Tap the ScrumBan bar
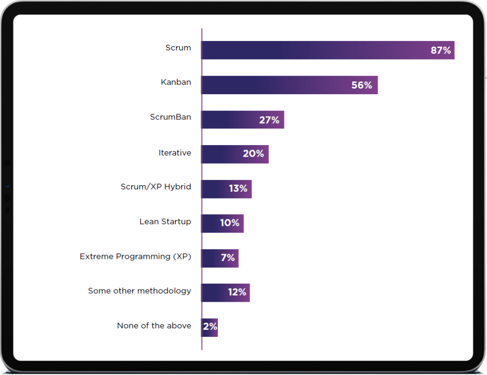click(x=228, y=120)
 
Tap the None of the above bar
click(x=205, y=327)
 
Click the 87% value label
click(x=440, y=50)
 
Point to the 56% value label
click(x=361, y=85)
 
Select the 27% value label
click(x=269, y=120)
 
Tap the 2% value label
click(x=210, y=326)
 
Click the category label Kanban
click(x=176, y=82)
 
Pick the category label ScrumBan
click(x=170, y=117)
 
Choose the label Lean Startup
click(x=165, y=222)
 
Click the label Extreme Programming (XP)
click(x=135, y=257)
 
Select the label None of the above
click(x=154, y=326)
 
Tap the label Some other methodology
click(x=139, y=291)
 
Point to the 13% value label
click(x=238, y=189)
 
